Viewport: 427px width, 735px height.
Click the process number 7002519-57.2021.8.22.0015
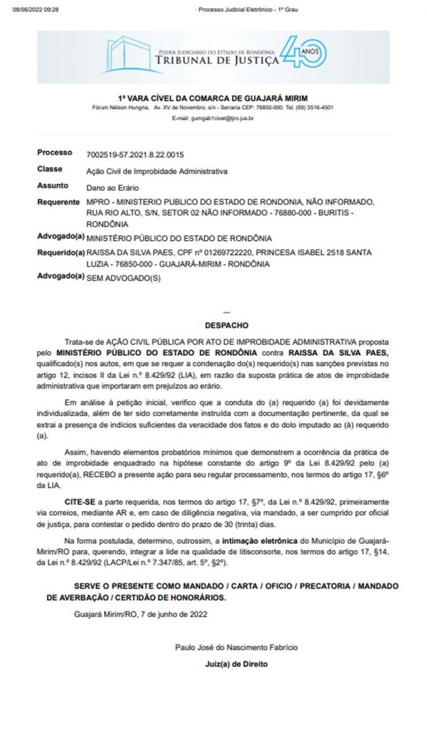point(135,155)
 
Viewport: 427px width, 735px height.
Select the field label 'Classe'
point(50,169)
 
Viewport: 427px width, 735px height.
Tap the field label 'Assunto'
point(53,186)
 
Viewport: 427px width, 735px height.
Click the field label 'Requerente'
point(58,202)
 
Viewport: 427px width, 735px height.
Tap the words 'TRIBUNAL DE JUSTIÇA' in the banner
point(217,61)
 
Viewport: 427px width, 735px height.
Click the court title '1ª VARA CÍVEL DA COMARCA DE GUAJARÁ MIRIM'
point(213,98)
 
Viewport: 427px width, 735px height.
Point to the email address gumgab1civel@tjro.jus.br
point(213,117)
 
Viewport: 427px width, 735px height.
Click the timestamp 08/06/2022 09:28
point(36,10)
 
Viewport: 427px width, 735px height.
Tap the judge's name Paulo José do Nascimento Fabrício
point(236,647)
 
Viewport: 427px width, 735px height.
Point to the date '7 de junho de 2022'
point(175,614)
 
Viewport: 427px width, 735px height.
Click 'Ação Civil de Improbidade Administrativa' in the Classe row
point(157,171)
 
